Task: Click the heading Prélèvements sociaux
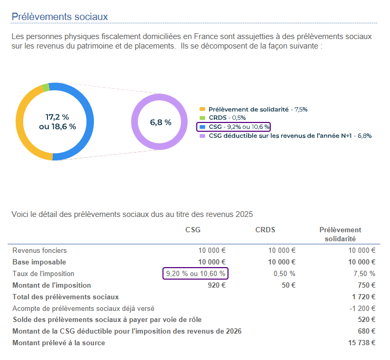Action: (60, 16)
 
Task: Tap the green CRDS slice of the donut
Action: (46, 88)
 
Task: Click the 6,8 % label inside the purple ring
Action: (160, 122)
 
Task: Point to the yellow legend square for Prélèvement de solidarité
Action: (202, 109)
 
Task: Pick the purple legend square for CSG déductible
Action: (202, 136)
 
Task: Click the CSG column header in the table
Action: (193, 230)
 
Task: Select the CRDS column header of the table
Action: (265, 230)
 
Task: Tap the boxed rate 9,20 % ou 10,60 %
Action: (196, 273)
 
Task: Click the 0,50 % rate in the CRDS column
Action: (284, 273)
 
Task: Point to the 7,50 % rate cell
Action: (365, 273)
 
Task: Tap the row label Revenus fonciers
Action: (40, 250)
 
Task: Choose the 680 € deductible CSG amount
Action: (366, 331)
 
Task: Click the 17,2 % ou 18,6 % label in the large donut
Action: (58, 121)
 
